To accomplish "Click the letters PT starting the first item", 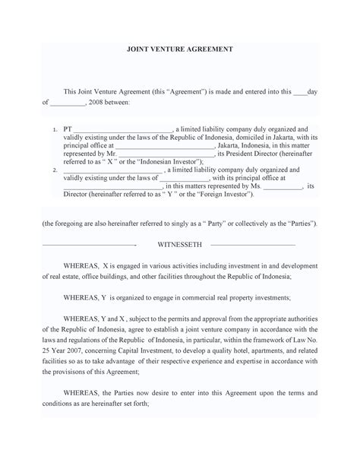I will [68, 129].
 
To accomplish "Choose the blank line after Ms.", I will [282, 186].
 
